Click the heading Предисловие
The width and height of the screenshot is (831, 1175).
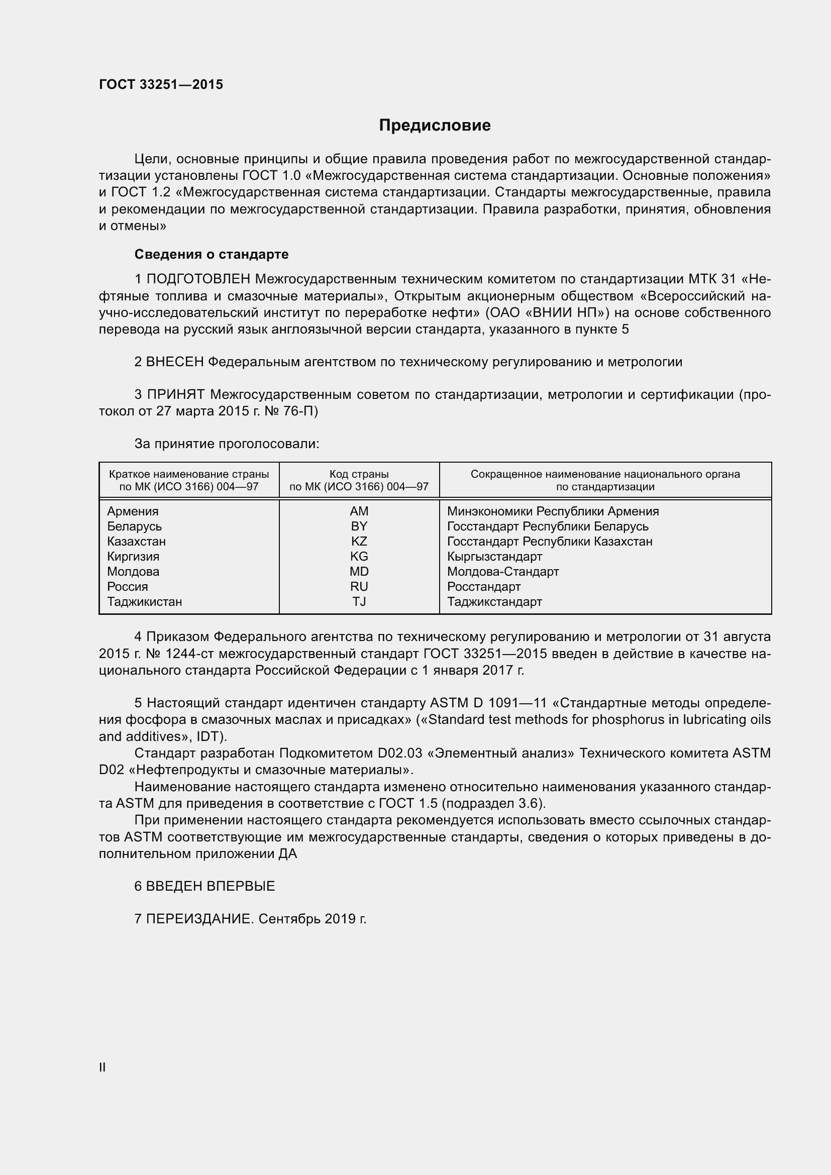tap(435, 126)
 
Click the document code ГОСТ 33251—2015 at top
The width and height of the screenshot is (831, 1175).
tap(161, 84)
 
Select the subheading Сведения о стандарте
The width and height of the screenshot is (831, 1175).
tap(212, 254)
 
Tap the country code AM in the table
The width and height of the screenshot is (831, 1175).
tap(359, 511)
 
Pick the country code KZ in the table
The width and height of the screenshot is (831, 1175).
tap(359, 542)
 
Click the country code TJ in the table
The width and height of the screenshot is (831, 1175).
tap(359, 602)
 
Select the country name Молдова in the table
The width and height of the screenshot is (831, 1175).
tap(133, 572)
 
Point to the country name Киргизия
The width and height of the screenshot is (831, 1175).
tap(133, 557)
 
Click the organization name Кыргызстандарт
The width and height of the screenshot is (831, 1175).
tap(494, 557)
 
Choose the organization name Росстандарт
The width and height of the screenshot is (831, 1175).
tap(483, 587)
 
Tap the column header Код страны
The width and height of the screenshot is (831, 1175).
tap(359, 474)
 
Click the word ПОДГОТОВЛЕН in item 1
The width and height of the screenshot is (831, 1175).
tap(198, 279)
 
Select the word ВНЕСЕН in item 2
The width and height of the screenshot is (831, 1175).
tap(175, 362)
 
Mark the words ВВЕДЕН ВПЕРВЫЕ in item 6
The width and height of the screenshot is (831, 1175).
tap(211, 886)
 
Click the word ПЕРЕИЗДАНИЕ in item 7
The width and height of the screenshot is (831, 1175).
tap(199, 919)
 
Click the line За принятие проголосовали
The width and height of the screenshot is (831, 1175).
tap(227, 444)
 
